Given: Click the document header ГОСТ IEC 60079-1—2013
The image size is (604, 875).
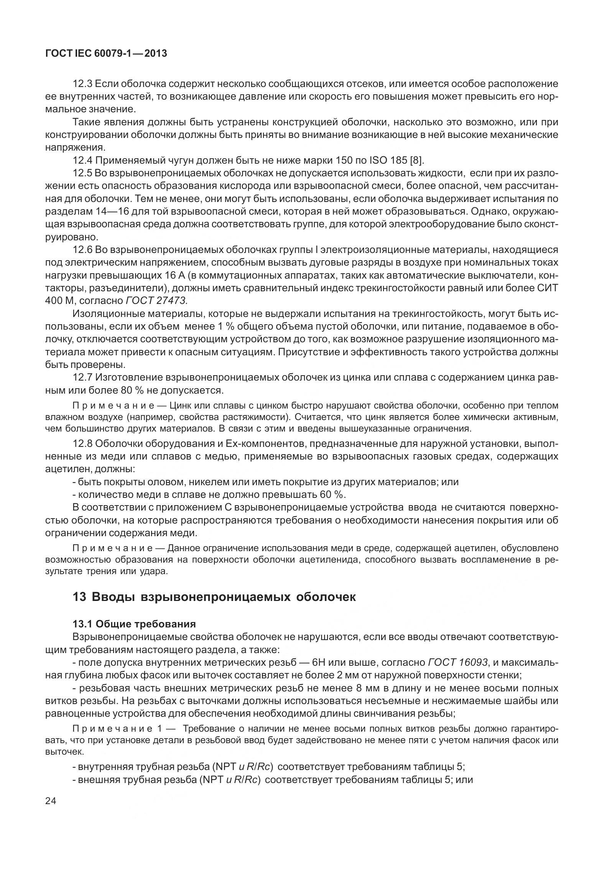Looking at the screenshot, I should (106, 54).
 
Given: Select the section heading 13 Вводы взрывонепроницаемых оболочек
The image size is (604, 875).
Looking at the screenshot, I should (214, 597).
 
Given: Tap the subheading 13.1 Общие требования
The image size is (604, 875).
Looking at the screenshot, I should (134, 624).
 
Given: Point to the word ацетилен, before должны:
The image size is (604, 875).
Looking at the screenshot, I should (68, 469).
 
